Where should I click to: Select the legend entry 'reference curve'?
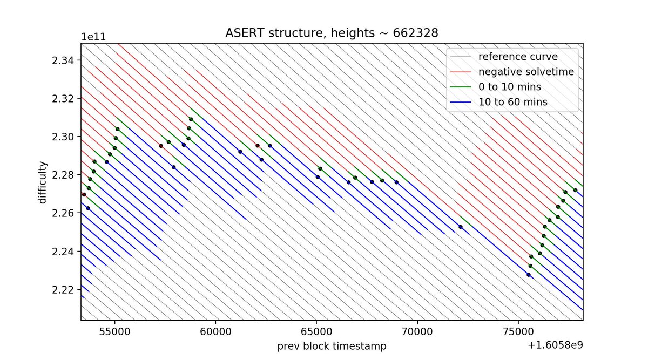tap(510, 56)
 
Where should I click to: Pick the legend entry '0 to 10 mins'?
tap(509, 86)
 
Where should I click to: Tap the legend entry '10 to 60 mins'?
tap(512, 101)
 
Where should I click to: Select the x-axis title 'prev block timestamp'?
tap(332, 346)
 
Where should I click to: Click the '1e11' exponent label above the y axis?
tap(93, 37)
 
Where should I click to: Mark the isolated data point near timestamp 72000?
tap(461, 227)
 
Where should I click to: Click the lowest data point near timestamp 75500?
tap(529, 275)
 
